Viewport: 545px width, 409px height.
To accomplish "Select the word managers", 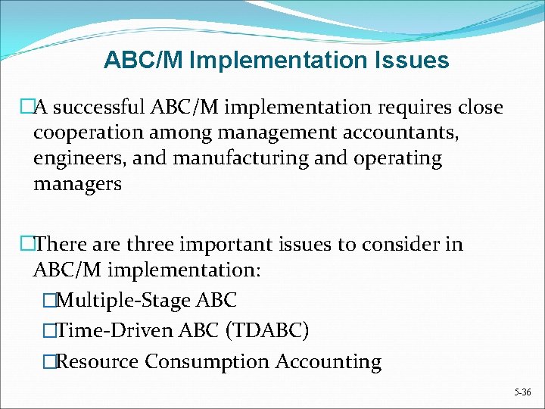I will (x=77, y=184).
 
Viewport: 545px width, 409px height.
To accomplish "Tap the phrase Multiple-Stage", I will (x=123, y=301).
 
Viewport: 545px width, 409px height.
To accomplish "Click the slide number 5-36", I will (x=522, y=393).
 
